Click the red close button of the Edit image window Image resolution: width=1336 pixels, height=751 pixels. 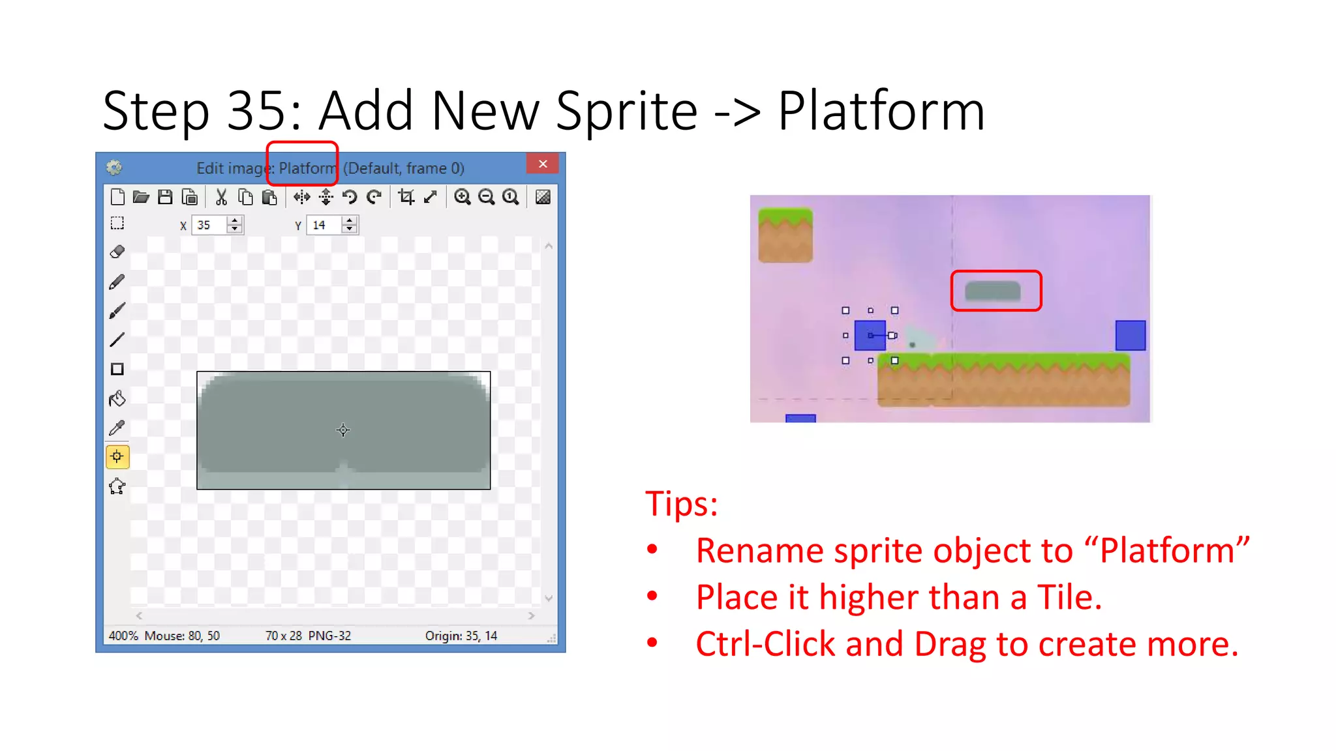coord(542,164)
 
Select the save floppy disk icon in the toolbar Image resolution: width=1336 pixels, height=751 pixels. coord(165,197)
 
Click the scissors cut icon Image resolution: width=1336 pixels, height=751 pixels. coord(221,197)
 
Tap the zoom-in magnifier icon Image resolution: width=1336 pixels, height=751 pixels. coord(462,197)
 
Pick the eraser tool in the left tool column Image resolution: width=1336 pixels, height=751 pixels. coord(117,252)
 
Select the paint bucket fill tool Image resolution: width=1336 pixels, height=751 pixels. coord(117,398)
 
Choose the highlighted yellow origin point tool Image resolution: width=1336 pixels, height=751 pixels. coord(117,456)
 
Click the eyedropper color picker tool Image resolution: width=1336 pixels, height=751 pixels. coord(117,428)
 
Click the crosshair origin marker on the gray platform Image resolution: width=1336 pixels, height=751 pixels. coord(343,430)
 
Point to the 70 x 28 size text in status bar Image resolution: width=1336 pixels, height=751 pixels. coord(284,636)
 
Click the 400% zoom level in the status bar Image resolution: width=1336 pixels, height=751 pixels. coord(123,636)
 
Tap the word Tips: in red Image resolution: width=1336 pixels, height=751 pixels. coord(682,504)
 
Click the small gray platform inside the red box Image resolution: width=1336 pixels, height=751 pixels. coord(992,291)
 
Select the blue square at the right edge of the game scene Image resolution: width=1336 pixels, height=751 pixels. coord(1130,335)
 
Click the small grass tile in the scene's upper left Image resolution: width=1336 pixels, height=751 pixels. coord(785,235)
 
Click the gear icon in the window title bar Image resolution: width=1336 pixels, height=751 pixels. coord(114,168)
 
